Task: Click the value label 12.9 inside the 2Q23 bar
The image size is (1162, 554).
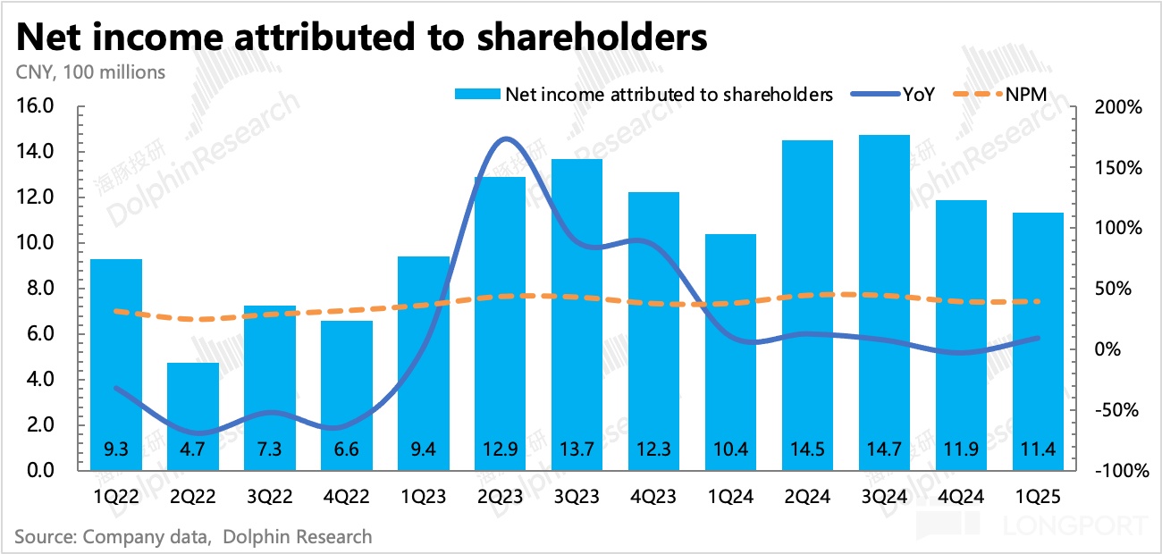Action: point(500,449)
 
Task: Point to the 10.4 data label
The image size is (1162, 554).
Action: point(730,449)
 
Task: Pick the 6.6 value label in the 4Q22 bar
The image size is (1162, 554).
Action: point(346,449)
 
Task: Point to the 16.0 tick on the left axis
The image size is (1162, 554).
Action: point(37,107)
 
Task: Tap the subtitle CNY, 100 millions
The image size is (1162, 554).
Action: point(89,72)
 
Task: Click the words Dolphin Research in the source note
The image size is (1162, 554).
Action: point(297,537)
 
